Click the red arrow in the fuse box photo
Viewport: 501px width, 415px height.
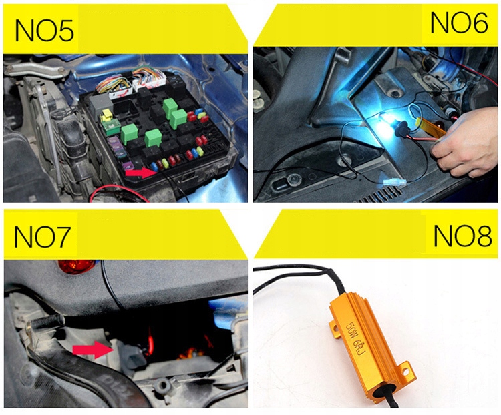coord(141,172)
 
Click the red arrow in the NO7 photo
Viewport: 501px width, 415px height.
coord(93,349)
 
